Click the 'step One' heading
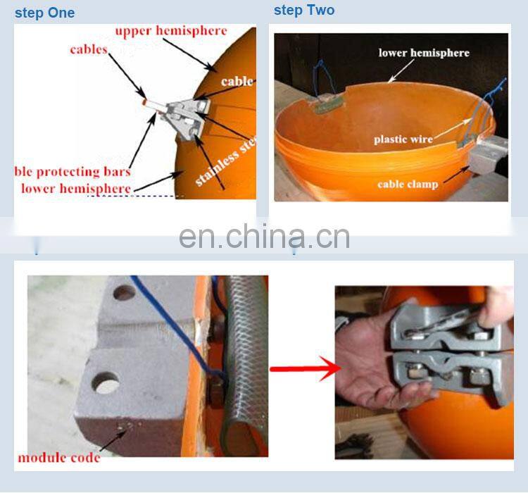(x=44, y=13)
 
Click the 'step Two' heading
(x=304, y=10)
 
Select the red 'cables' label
(x=89, y=50)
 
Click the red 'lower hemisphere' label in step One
(x=75, y=188)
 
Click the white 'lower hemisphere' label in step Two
(x=424, y=53)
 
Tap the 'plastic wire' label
(x=403, y=139)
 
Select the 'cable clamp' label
(x=408, y=185)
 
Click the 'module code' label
(x=59, y=457)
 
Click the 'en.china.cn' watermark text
(x=264, y=237)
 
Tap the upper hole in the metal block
(x=124, y=292)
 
